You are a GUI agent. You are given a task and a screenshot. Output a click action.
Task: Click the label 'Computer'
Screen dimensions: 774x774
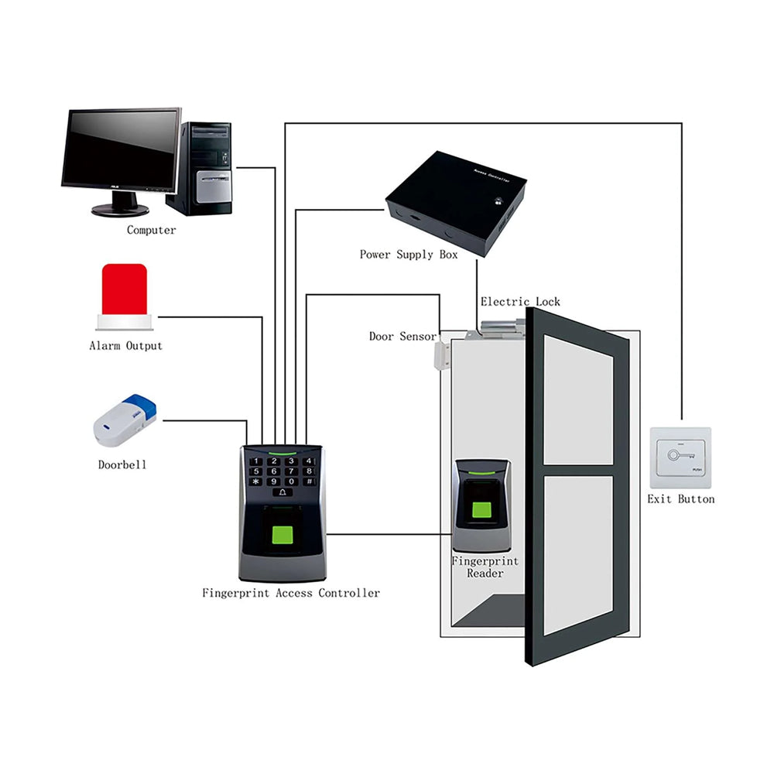click(151, 230)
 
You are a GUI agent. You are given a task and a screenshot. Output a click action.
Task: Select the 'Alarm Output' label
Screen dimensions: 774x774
click(125, 346)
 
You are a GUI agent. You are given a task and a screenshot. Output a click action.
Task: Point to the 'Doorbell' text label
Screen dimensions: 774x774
click(122, 465)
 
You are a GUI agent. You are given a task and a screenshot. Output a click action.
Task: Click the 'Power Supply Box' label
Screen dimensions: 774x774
click(408, 255)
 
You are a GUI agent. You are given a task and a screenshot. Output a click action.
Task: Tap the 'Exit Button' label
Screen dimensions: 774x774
click(680, 499)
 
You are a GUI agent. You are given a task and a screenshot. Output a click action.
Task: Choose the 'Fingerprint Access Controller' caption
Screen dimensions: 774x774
click(291, 593)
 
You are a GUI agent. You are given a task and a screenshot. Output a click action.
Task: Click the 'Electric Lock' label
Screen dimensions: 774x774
click(519, 302)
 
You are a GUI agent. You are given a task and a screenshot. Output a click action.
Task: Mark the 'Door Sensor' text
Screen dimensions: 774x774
click(402, 337)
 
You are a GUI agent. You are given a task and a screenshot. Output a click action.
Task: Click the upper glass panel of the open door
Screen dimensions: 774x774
click(577, 402)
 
